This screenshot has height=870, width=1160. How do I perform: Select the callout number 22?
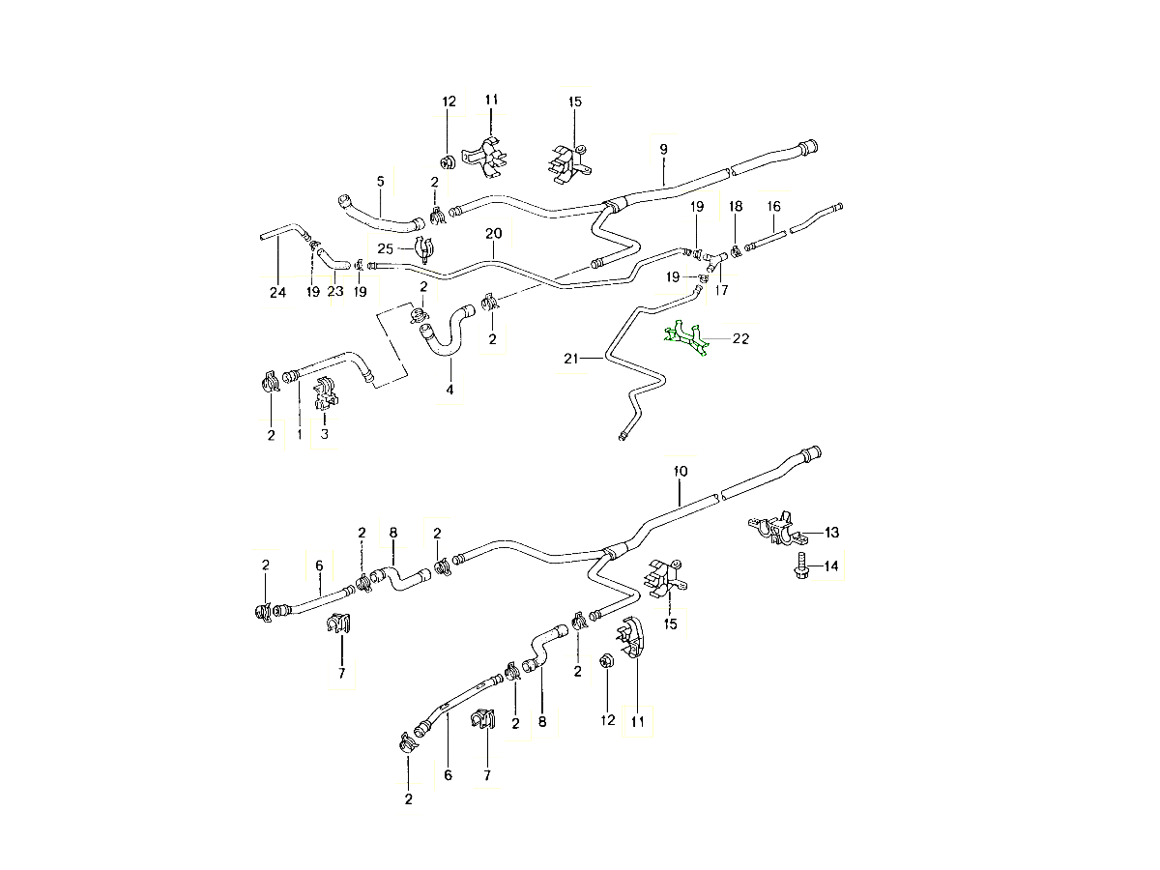(741, 338)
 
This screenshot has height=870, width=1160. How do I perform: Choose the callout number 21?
(570, 360)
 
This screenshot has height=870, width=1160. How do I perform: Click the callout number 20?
(493, 234)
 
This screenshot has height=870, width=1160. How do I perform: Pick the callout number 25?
(386, 248)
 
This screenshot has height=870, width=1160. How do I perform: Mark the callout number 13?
(831, 532)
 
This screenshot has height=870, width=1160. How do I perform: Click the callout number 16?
(773, 206)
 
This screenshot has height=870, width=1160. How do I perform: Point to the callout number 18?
(736, 207)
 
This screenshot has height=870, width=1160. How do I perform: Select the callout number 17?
(721, 289)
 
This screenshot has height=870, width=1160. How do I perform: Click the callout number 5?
(380, 181)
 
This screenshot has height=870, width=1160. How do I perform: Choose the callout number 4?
(449, 391)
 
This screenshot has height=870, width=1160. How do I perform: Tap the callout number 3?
(325, 434)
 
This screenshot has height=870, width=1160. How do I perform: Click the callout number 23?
(334, 292)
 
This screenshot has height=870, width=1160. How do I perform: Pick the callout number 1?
(299, 435)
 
